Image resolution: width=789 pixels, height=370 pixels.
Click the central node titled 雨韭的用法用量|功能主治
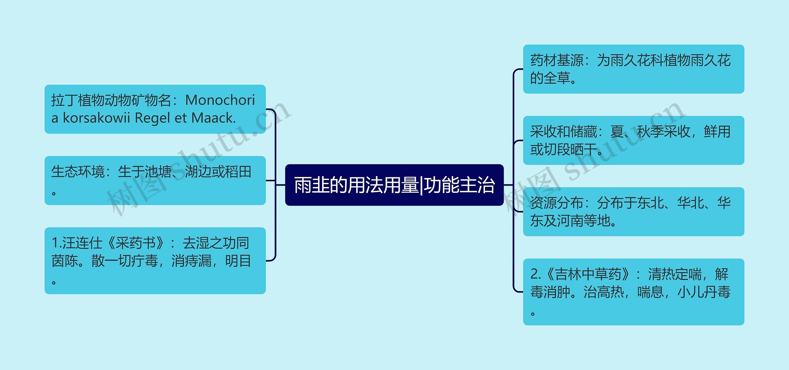[394, 185]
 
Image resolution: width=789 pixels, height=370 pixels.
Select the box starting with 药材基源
[633, 69]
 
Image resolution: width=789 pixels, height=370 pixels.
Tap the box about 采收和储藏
[633, 140]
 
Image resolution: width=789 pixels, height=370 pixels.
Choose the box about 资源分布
[633, 212]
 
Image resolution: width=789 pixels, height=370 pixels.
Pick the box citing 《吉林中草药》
[633, 292]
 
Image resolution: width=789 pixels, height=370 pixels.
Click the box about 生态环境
[155, 180]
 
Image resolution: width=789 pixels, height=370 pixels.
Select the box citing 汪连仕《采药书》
[155, 261]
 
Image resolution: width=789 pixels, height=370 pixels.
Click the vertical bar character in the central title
[421, 185]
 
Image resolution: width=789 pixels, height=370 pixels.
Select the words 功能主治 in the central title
[460, 185]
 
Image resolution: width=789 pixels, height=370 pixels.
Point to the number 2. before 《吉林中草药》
[536, 274]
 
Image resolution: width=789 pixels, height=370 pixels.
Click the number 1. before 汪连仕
[57, 243]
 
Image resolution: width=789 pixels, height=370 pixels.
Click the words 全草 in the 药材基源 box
[557, 78]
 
